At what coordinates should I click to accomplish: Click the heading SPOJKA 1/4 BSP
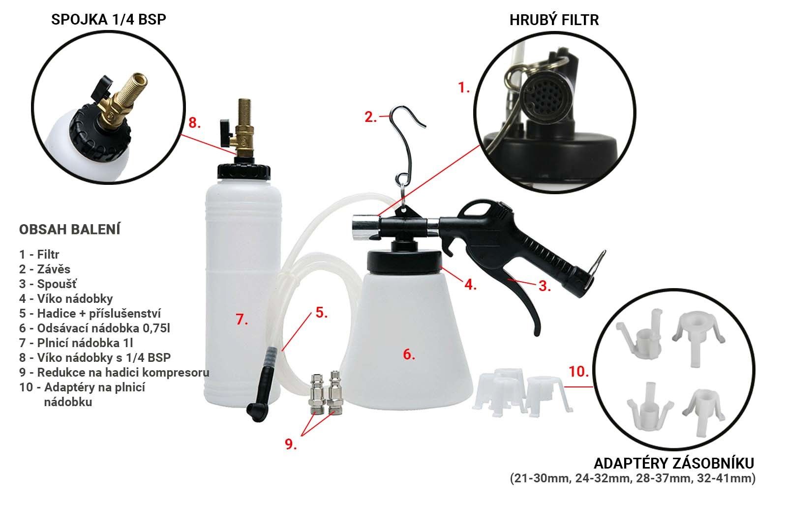109,19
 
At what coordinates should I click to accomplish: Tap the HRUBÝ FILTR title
554,20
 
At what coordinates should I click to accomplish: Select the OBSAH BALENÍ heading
69,229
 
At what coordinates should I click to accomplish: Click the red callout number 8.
195,122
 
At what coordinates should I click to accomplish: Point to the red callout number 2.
371,117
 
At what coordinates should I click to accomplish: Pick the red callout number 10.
578,371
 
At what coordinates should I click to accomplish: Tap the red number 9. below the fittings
291,444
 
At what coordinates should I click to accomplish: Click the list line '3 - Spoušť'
48,284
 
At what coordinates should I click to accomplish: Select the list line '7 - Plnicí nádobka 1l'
76,343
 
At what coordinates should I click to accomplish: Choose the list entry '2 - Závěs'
45,269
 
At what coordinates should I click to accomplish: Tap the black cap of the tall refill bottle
244,172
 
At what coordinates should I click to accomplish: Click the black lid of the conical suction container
404,262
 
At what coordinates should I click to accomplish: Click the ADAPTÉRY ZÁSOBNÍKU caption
674,464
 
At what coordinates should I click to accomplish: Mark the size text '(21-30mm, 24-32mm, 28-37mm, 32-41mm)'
633,478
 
